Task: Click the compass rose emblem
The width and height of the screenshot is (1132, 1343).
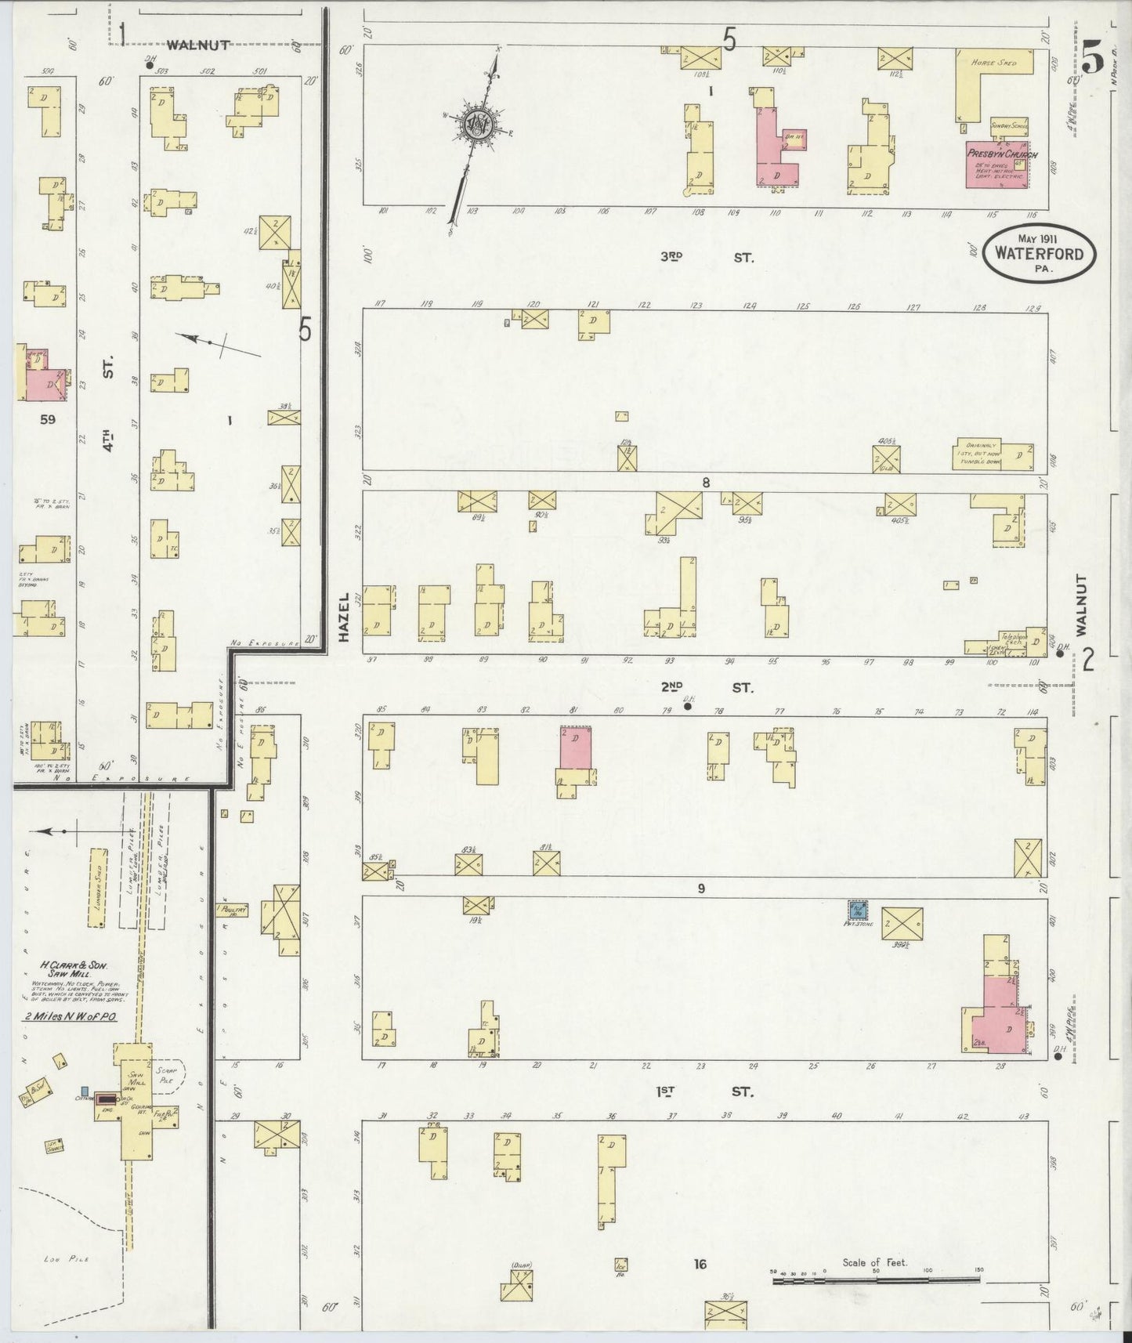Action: [x=475, y=125]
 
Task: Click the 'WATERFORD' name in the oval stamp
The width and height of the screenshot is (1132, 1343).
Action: [x=1040, y=254]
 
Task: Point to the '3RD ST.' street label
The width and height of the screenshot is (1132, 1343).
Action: [x=707, y=257]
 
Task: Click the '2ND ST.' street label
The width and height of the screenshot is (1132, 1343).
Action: [x=707, y=688]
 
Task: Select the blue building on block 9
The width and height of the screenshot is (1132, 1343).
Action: [x=859, y=910]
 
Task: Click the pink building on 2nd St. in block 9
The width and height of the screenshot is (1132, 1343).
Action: [x=576, y=748]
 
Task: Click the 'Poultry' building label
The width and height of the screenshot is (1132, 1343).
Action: [x=233, y=910]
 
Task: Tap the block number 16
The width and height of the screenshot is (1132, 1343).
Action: [x=700, y=1264]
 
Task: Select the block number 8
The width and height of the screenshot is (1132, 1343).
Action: [x=706, y=483]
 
